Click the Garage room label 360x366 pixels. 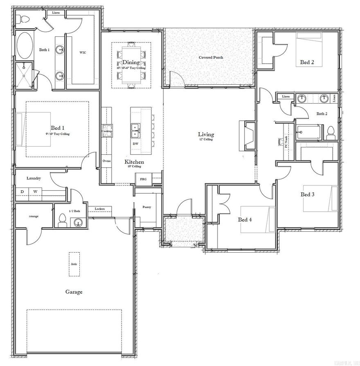click(x=74, y=292)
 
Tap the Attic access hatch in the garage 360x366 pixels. click(x=74, y=264)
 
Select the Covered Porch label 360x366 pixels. click(x=211, y=57)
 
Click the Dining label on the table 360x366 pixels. click(x=131, y=62)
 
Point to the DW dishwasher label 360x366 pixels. click(x=135, y=144)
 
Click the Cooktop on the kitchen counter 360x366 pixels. click(x=107, y=131)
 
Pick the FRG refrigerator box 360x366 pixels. click(x=143, y=179)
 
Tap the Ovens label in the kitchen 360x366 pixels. click(x=106, y=161)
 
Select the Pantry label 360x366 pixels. click(x=147, y=207)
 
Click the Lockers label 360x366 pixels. click(x=100, y=209)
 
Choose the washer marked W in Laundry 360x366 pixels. click(x=35, y=192)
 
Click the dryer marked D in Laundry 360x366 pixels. click(x=22, y=192)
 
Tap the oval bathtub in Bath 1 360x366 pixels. click(x=25, y=45)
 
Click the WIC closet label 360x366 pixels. click(x=83, y=52)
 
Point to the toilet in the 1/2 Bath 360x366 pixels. click(x=62, y=220)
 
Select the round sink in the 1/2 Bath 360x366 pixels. click(x=78, y=222)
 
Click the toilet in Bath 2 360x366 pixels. click(x=331, y=132)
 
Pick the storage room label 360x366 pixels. click(x=34, y=216)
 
